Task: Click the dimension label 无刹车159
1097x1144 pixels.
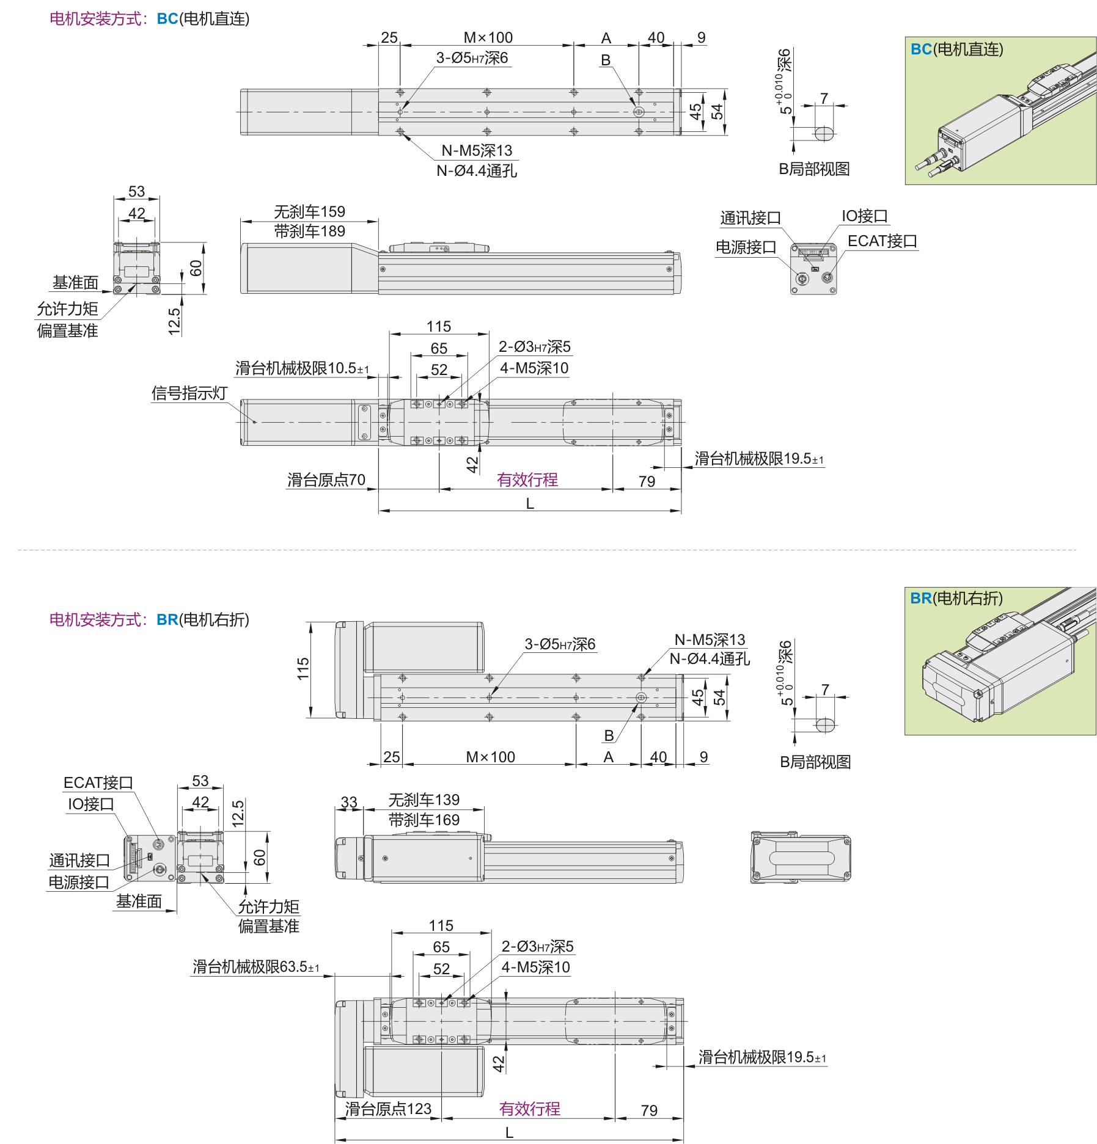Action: (x=309, y=212)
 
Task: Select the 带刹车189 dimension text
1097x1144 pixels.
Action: (x=309, y=231)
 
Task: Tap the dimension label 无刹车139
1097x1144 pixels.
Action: (x=424, y=800)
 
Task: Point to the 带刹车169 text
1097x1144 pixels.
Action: (x=424, y=820)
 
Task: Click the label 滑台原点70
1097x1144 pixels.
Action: (x=326, y=480)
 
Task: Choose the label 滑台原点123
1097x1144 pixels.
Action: (x=388, y=1109)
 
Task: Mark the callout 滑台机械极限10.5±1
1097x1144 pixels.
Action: (x=302, y=368)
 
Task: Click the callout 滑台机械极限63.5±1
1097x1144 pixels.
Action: (x=255, y=967)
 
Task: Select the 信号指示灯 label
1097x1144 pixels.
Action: (x=189, y=393)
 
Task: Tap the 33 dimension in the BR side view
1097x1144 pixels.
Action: (x=349, y=802)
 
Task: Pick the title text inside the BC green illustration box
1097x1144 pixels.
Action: (x=956, y=49)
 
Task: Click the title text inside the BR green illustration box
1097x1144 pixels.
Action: (x=956, y=599)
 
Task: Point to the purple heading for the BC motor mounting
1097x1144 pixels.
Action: (x=149, y=19)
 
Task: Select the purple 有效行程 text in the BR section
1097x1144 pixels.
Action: (x=529, y=1109)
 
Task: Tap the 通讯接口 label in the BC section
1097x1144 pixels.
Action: (x=750, y=218)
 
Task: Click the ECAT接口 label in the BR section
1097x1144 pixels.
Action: (x=98, y=783)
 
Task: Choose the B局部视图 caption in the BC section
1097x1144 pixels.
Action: (x=814, y=169)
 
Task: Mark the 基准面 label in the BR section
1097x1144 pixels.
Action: (x=139, y=902)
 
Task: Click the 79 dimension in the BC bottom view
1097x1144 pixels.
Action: (x=647, y=482)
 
